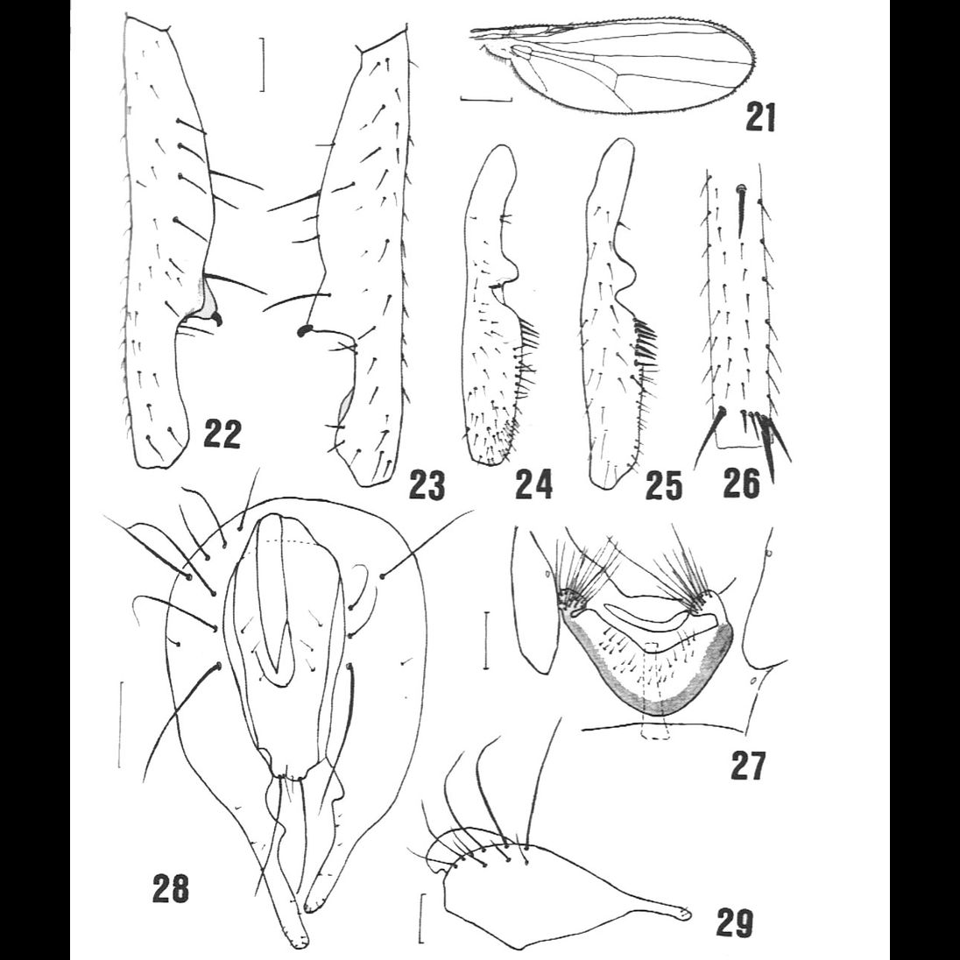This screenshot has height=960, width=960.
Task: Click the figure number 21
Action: [760, 116]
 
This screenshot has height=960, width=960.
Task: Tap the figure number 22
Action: [222, 434]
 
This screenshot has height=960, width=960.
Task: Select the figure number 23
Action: [427, 484]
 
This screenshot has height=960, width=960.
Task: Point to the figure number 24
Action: [533, 484]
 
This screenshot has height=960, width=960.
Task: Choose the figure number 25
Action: [663, 484]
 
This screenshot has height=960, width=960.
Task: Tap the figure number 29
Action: [733, 921]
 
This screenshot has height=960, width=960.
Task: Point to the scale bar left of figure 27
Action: [486, 641]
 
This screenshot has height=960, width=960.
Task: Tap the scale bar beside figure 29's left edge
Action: [421, 918]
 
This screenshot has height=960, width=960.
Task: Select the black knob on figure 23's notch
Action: [305, 330]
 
